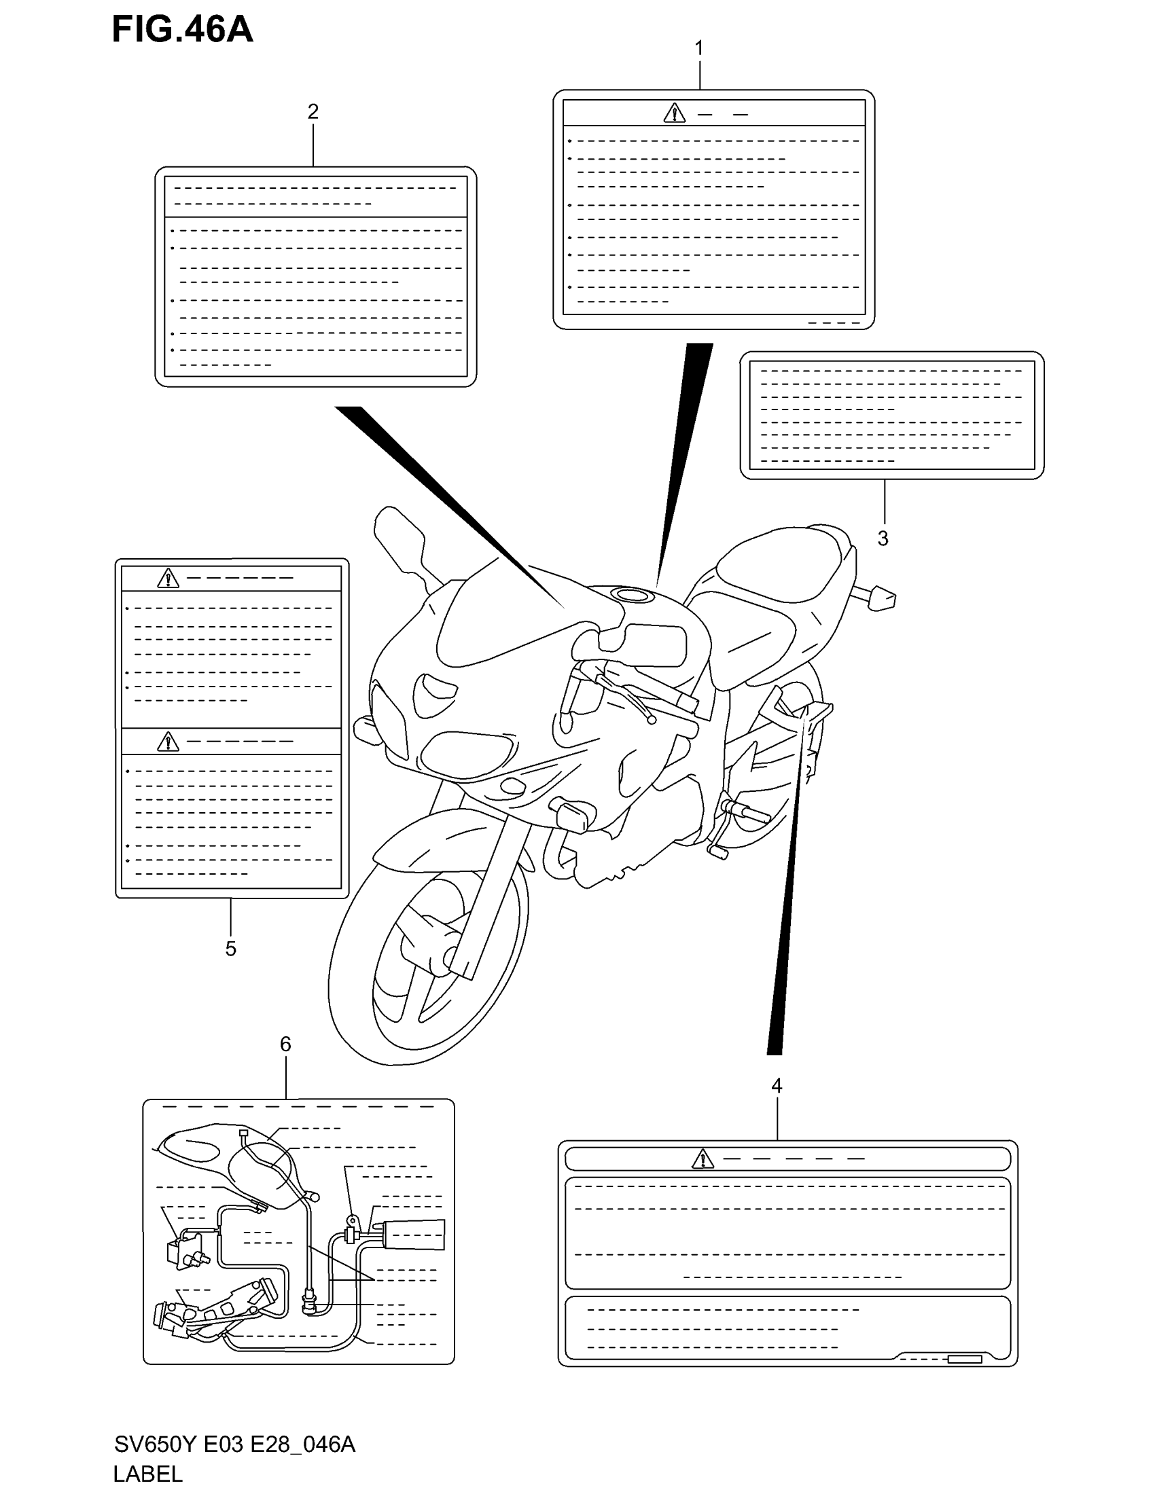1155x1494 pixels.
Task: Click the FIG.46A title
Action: (182, 30)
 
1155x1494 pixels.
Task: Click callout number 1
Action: (698, 49)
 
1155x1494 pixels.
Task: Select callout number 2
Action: (313, 111)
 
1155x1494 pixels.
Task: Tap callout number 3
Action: (883, 539)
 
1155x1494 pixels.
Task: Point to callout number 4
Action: (777, 1086)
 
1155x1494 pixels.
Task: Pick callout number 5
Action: (230, 949)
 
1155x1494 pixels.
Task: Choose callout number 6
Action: (285, 1044)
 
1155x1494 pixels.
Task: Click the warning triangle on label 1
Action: (674, 113)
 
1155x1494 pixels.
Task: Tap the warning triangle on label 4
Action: (702, 1159)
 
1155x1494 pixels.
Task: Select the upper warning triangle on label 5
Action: (168, 579)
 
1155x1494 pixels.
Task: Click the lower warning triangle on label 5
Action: (168, 742)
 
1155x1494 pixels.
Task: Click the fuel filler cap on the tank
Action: (635, 594)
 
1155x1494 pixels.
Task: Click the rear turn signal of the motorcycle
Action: (881, 598)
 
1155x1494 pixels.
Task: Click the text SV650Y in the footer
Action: (156, 1444)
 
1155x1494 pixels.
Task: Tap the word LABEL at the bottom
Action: (148, 1474)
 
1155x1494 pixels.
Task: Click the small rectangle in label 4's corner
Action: (965, 1360)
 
